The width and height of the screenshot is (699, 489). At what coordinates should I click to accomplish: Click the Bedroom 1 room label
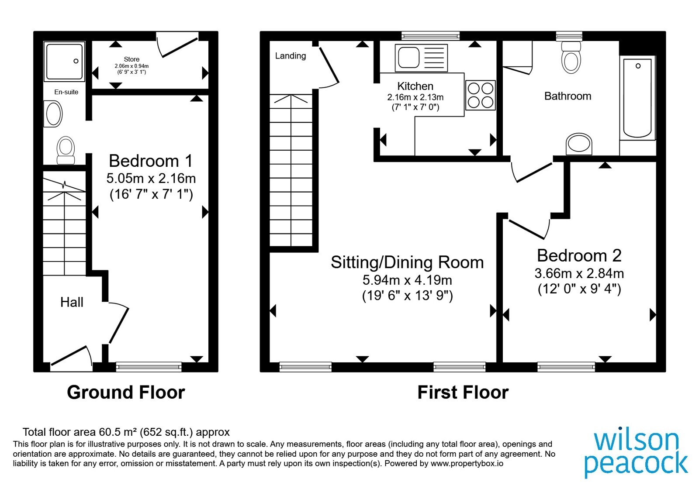[151, 161]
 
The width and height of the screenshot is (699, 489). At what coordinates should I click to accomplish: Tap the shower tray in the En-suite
[64, 62]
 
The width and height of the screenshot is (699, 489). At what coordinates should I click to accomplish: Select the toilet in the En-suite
[66, 150]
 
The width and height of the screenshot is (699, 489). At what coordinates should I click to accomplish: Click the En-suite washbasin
[53, 114]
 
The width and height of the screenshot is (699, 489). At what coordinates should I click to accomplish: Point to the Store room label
[131, 59]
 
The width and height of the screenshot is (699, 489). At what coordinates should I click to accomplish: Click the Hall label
[72, 302]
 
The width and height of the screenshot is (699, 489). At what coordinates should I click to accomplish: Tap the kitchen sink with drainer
[421, 58]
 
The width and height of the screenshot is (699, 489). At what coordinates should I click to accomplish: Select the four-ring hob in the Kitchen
[481, 95]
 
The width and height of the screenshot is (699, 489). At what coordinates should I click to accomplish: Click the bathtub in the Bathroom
[637, 98]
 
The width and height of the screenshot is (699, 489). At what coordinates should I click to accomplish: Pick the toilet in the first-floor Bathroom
[571, 57]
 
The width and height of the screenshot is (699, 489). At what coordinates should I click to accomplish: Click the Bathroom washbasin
[579, 144]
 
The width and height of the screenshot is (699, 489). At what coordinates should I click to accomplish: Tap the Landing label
[291, 56]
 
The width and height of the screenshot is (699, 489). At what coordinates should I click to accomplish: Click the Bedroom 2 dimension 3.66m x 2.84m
[579, 273]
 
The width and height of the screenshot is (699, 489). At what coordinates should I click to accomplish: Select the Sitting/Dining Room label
[407, 262]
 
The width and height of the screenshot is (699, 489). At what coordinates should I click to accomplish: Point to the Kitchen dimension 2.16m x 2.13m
[415, 97]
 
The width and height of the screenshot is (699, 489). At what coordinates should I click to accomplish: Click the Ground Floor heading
[126, 393]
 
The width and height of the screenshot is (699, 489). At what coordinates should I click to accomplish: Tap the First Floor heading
[463, 393]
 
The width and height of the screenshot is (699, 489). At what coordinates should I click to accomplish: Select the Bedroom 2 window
[566, 367]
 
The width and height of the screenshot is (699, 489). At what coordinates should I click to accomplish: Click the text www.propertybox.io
[467, 463]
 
